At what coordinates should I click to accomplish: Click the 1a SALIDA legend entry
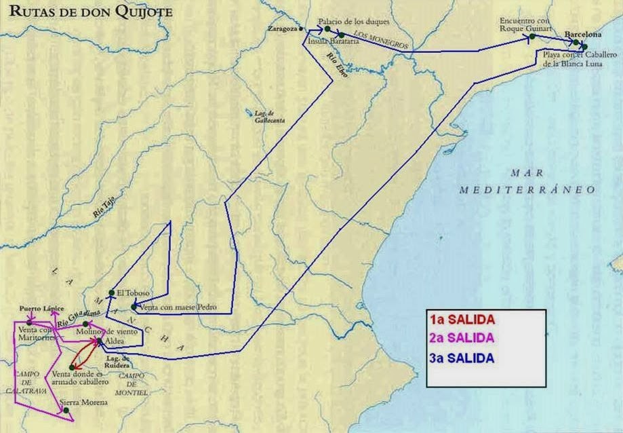(x=462, y=320)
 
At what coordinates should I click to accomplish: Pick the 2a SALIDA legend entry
(x=462, y=337)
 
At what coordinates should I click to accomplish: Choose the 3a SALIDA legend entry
(x=462, y=357)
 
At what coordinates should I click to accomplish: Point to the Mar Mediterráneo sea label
(x=527, y=181)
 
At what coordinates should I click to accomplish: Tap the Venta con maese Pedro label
(x=178, y=307)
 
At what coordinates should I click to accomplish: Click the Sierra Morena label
(x=84, y=403)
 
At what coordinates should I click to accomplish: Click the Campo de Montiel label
(x=132, y=384)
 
